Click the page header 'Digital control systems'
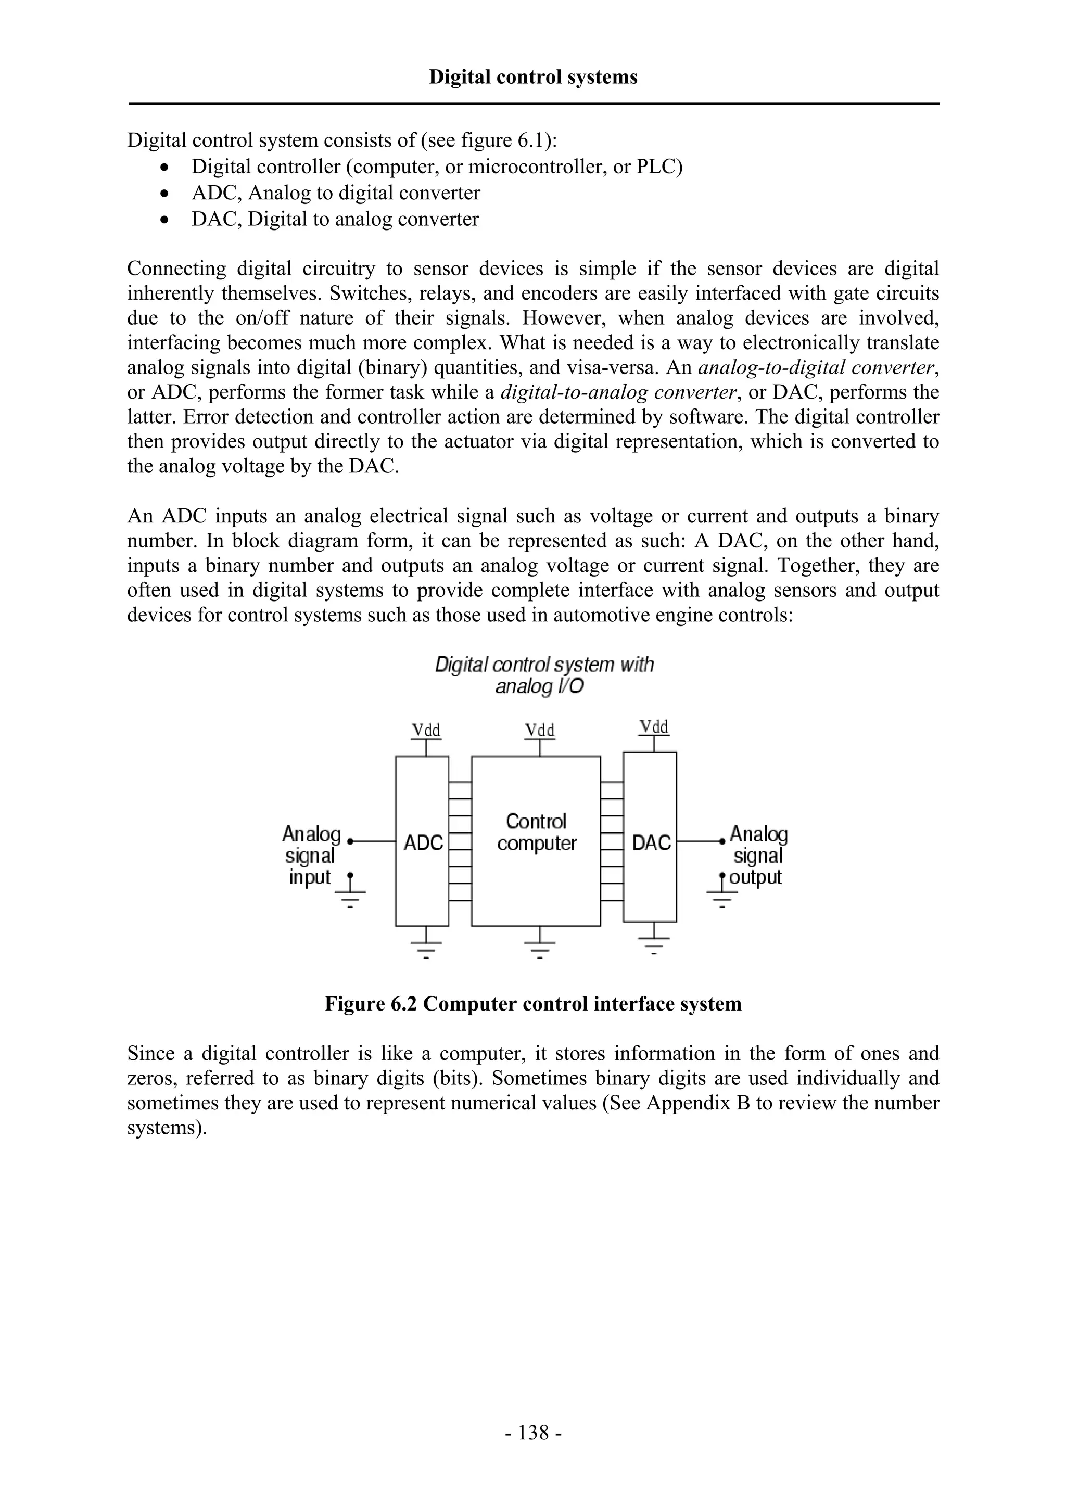click(532, 78)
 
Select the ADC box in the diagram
click(422, 841)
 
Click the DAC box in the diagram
click(650, 841)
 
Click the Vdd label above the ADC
click(426, 731)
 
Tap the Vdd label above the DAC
click(654, 727)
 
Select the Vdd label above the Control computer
click(540, 731)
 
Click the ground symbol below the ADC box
click(426, 947)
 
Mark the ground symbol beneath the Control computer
click(540, 947)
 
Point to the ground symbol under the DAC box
click(654, 942)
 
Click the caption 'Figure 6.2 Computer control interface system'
click(532, 1004)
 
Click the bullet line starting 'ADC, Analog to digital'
click(336, 193)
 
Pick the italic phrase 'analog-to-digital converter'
click(816, 368)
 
